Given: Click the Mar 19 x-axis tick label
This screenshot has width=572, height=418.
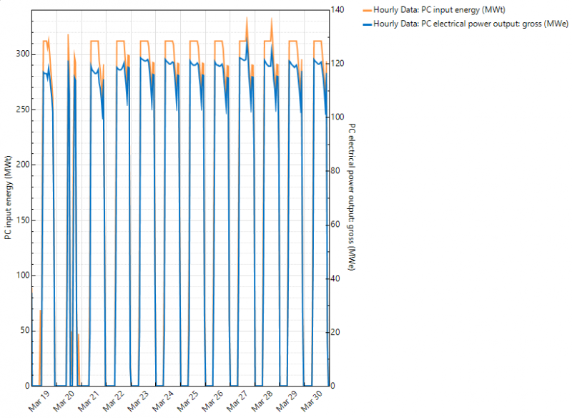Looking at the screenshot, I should tap(41, 398).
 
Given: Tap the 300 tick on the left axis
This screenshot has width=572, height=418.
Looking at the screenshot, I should tap(23, 54).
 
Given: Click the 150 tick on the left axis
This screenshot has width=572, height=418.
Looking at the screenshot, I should tap(23, 220).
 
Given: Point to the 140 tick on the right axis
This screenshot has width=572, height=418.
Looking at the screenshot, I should tap(337, 10).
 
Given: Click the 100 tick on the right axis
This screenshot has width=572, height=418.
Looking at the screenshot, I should tap(337, 117).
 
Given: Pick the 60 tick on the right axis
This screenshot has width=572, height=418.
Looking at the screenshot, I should tap(335, 225).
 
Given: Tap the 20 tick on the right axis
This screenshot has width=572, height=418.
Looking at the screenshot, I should tap(335, 332).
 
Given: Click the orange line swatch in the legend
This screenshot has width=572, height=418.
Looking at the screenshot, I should tap(367, 10).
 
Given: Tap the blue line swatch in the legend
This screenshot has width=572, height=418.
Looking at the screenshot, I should tap(367, 24).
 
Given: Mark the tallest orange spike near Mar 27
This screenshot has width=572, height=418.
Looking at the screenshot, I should tap(247, 18).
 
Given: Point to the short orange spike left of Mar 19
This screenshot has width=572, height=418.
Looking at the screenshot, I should tap(40, 311).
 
